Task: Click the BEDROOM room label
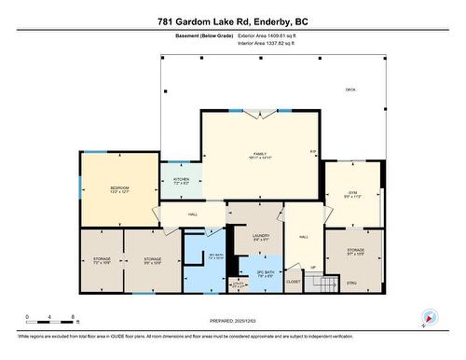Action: pyautogui.click(x=119, y=188)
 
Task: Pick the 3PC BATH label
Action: pyautogui.click(x=216, y=254)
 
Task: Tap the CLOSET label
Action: pyautogui.click(x=294, y=280)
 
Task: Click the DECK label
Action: pyautogui.click(x=350, y=90)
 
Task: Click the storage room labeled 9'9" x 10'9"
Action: pyautogui.click(x=152, y=259)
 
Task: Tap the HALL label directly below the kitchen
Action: pyautogui.click(x=193, y=215)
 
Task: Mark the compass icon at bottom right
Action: pyautogui.click(x=429, y=317)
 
